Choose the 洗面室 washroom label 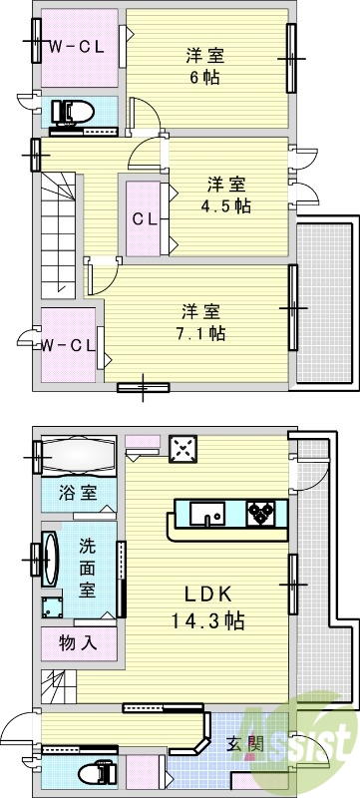[88, 566]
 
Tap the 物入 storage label [78, 642]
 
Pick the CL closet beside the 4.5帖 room [145, 219]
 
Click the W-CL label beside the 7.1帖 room [68, 345]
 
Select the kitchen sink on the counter [210, 515]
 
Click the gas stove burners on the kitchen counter [262, 514]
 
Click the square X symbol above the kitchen [182, 449]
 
